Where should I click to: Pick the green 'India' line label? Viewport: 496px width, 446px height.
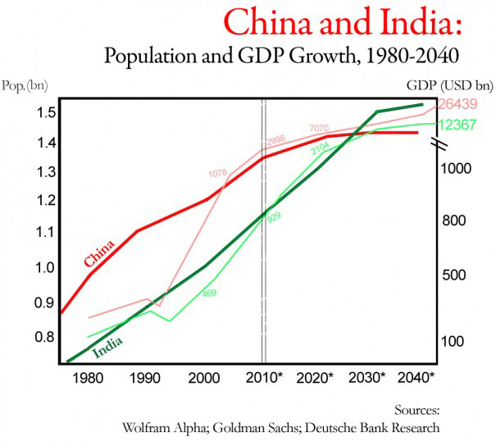click(109, 348)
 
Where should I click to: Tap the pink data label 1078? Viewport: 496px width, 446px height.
click(217, 173)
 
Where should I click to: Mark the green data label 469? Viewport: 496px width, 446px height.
click(209, 293)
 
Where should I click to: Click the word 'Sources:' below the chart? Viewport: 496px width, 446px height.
click(417, 410)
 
